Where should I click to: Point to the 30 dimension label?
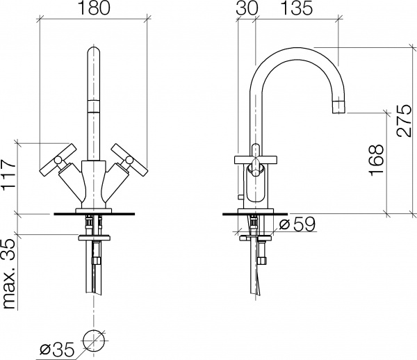click(245, 10)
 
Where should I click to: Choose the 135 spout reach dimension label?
click(297, 10)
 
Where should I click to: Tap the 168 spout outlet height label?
click(376, 161)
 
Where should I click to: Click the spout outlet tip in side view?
click(338, 106)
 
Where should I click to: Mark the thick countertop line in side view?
click(254, 213)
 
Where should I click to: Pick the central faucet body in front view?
click(92, 184)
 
